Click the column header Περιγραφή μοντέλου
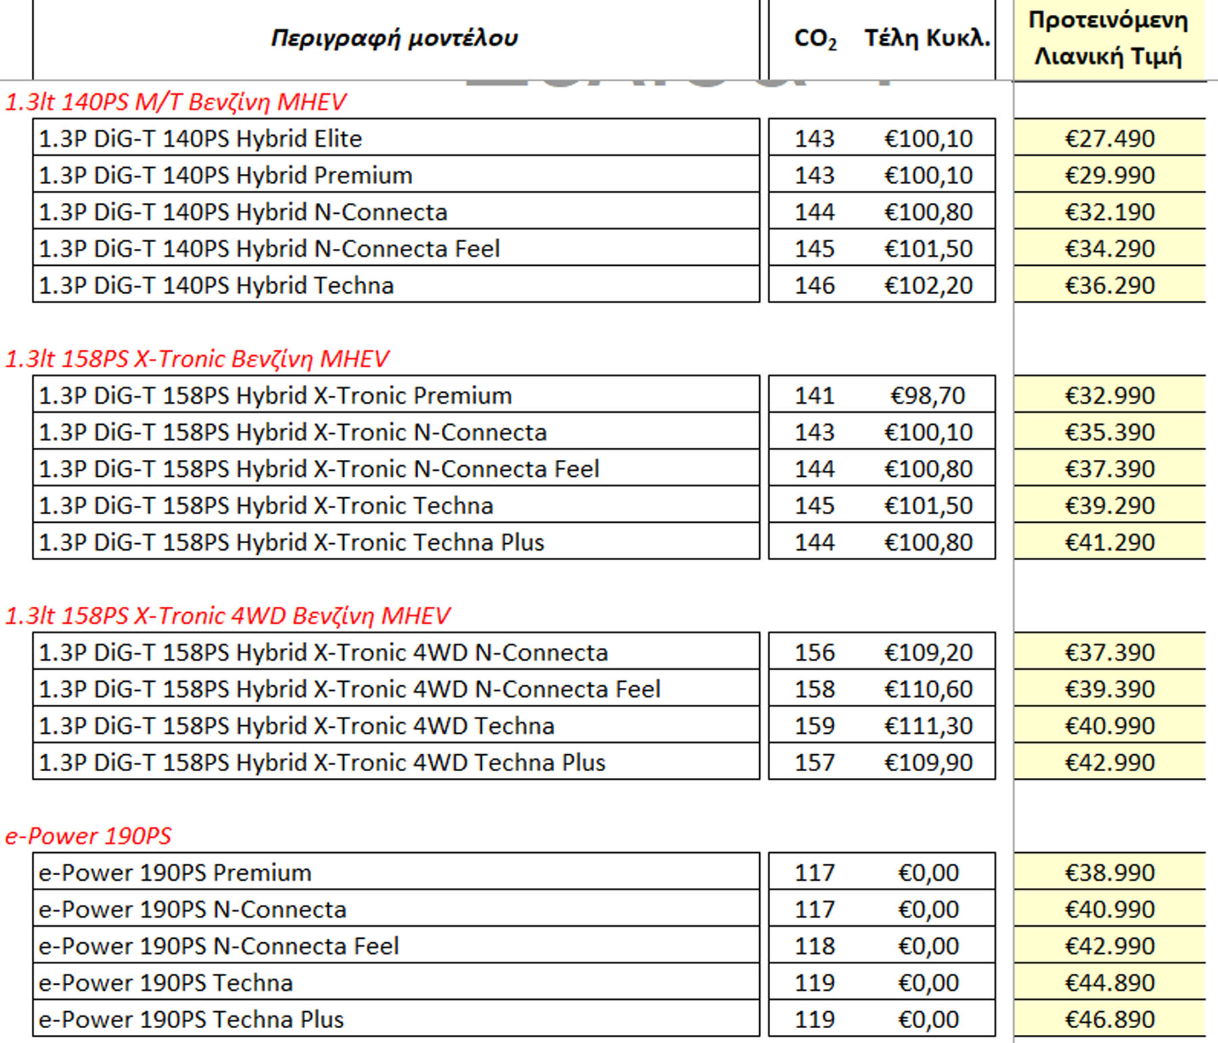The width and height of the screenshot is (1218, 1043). [394, 38]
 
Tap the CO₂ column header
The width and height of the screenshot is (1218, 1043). [815, 39]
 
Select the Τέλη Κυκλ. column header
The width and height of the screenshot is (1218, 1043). [927, 38]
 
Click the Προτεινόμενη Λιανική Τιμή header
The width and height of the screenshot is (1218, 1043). [1108, 38]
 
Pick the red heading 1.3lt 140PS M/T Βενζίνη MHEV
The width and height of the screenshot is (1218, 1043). [176, 102]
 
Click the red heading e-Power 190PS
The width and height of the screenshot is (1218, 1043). [88, 836]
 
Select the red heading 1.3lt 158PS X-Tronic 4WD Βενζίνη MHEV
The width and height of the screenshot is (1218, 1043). [227, 616]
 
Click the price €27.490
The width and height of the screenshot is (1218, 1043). [1110, 139]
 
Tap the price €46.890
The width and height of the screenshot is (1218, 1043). [1110, 1019]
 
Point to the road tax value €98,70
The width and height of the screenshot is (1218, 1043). [928, 396]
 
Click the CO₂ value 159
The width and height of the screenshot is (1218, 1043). [815, 726]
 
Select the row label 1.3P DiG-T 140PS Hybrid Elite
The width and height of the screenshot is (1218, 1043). [200, 139]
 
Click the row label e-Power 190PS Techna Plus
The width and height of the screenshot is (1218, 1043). [191, 1019]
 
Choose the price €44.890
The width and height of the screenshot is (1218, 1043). [1110, 983]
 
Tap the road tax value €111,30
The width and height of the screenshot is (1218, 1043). [928, 726]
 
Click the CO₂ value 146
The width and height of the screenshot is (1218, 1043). [815, 285]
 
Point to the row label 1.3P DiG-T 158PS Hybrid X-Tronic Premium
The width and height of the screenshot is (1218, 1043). [275, 396]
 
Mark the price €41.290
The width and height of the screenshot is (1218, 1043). [1110, 542]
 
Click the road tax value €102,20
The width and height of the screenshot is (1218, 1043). [928, 285]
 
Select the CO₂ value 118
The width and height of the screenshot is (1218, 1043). [815, 946]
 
